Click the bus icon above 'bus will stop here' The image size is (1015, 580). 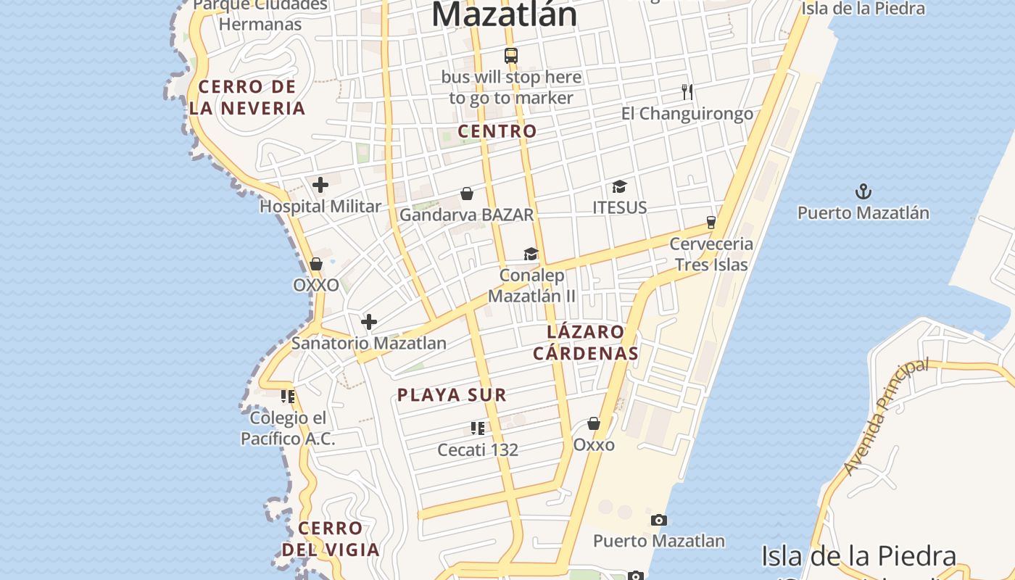coord(511,55)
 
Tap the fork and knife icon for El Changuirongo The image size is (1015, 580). coord(687,92)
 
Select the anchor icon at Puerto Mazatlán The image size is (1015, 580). coord(863,192)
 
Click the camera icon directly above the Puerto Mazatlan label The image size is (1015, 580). coord(659,520)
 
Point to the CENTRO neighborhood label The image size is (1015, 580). coord(497,131)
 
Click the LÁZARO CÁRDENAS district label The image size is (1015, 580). coord(586,343)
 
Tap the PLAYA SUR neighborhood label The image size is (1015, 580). coord(452,395)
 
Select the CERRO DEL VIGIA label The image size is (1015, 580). coord(331,539)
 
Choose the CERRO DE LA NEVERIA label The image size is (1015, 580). coord(247,98)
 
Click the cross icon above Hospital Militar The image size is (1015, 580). coord(320,185)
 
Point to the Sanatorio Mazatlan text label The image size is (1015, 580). coord(369,343)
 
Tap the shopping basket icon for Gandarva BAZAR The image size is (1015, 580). coord(468,194)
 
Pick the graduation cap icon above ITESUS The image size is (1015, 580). coord(619,187)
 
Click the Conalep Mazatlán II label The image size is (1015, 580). coord(531,286)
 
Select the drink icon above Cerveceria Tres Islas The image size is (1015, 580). coord(711,222)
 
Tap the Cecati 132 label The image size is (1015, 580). coord(478,449)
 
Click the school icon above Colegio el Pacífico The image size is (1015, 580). coord(288,397)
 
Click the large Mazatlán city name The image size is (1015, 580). coord(505,14)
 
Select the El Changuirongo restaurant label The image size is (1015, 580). coord(687,114)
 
